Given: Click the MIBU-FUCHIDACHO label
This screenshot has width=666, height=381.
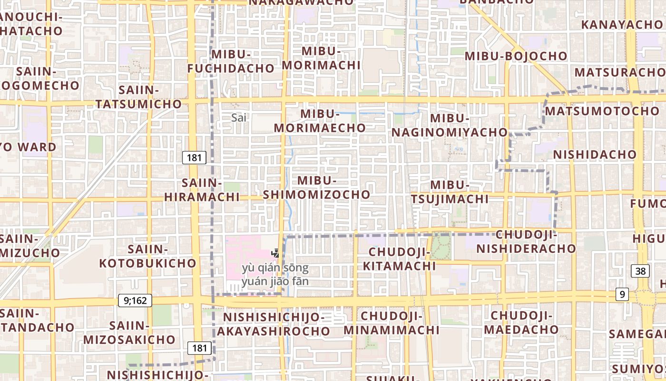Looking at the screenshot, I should [x=231, y=61].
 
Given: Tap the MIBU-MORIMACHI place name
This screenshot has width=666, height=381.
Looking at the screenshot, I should [x=322, y=58].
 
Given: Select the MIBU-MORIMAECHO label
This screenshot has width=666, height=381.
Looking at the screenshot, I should [x=320, y=121].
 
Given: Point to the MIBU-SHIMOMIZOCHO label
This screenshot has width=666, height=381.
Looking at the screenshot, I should [x=316, y=188].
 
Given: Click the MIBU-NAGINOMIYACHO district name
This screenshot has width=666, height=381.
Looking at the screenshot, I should [x=450, y=125].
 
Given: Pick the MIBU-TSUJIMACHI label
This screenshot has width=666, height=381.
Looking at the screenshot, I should [x=450, y=192].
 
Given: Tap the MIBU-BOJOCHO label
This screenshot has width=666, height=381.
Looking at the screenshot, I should [x=516, y=56].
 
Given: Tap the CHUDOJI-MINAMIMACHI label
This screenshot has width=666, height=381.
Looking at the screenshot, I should [x=392, y=323].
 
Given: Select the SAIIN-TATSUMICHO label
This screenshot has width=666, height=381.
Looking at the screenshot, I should [x=138, y=97].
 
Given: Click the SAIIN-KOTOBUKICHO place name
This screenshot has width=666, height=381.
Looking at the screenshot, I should [x=147, y=256].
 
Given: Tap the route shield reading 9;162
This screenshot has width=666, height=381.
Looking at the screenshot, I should [x=135, y=301].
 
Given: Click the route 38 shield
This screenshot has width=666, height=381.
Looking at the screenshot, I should [x=640, y=271].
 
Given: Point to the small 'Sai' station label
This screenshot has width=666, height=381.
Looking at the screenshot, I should [x=239, y=118].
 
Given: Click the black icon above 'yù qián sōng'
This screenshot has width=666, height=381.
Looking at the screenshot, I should [x=275, y=253].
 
